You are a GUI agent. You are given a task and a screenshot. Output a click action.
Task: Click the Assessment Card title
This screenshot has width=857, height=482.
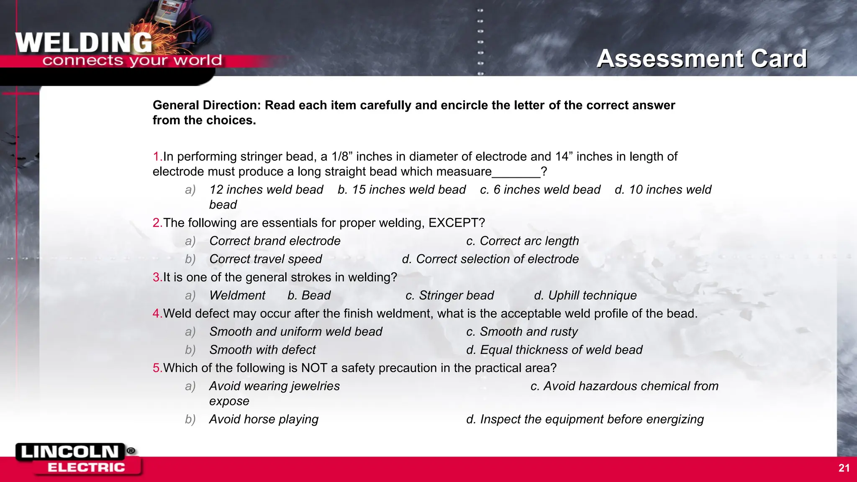pos(702,58)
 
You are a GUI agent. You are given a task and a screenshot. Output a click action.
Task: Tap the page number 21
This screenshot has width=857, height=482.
pos(844,468)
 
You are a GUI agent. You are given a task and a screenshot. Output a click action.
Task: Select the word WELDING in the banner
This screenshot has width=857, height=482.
pos(84,43)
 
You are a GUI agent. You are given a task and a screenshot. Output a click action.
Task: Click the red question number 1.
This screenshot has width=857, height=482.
pos(157,156)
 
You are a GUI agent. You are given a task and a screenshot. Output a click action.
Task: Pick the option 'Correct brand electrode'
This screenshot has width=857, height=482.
pos(275,241)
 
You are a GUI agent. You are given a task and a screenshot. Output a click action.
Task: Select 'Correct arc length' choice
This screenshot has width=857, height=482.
pos(529,241)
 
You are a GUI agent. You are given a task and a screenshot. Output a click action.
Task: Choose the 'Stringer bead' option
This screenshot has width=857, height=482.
pos(456,295)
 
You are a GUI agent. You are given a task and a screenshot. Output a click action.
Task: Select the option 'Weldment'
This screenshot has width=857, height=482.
pos(237,295)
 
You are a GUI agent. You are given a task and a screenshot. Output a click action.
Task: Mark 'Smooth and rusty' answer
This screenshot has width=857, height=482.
pos(528,331)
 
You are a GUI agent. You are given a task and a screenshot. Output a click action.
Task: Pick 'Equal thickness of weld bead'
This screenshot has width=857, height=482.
pos(561,350)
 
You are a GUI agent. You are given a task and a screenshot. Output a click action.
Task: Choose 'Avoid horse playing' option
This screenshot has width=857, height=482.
pos(264,419)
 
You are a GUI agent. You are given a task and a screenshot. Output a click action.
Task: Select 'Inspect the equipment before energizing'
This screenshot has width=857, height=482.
pos(592,419)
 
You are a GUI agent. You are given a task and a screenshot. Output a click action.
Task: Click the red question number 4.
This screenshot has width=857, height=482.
pos(157,313)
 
